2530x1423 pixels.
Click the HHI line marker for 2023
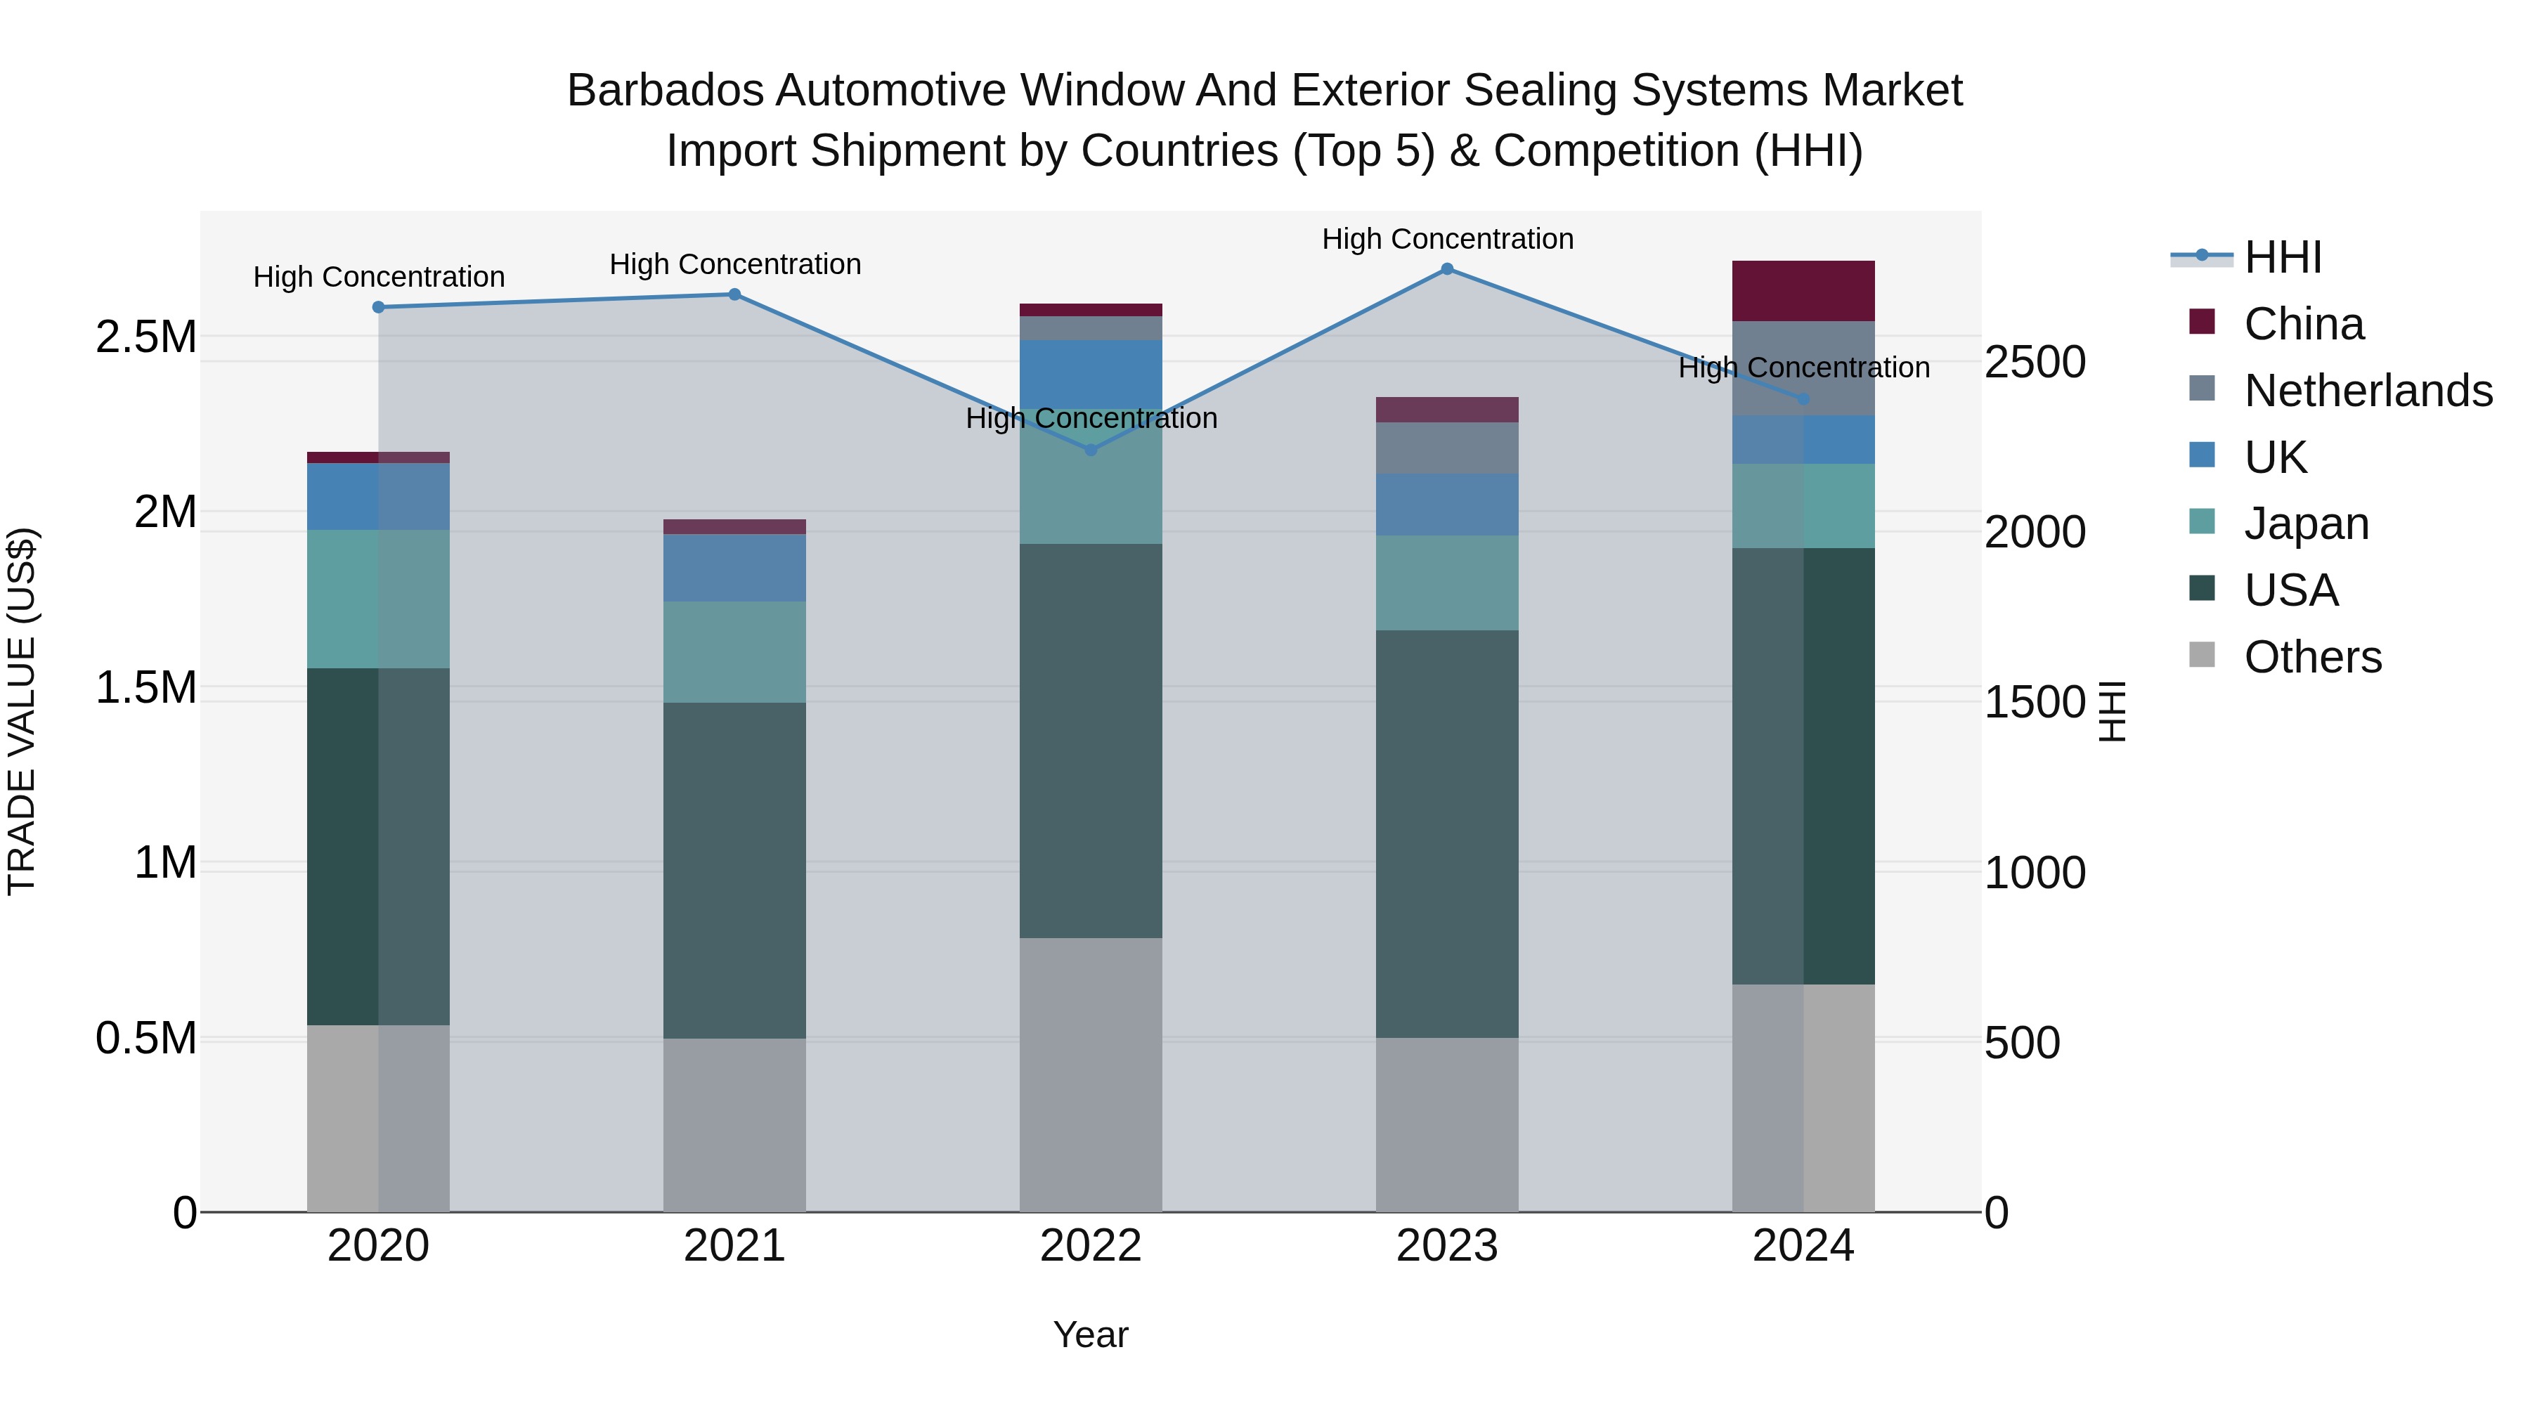pyautogui.click(x=1447, y=269)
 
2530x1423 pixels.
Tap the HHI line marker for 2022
pyautogui.click(x=1090, y=450)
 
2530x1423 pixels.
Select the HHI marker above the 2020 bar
pyautogui.click(x=378, y=307)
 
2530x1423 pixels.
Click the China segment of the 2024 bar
pyautogui.click(x=1803, y=291)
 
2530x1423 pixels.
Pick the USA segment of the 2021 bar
pyautogui.click(x=734, y=870)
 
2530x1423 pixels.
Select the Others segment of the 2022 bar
pyautogui.click(x=1090, y=1074)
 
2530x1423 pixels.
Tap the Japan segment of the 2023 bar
pyautogui.click(x=1447, y=583)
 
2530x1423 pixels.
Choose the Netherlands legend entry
pyautogui.click(x=2367, y=391)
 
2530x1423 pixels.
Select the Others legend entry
pyautogui.click(x=2312, y=657)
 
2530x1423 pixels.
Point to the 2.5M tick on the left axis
pyautogui.click(x=145, y=337)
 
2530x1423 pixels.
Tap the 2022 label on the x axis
pyautogui.click(x=1090, y=1246)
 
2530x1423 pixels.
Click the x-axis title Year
pyautogui.click(x=1090, y=1334)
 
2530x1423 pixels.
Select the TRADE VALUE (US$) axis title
pyautogui.click(x=22, y=711)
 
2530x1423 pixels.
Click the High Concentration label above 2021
pyautogui.click(x=734, y=264)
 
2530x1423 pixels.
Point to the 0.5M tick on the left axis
pyautogui.click(x=145, y=1038)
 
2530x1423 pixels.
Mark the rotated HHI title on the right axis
pyautogui.click(x=2112, y=711)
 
